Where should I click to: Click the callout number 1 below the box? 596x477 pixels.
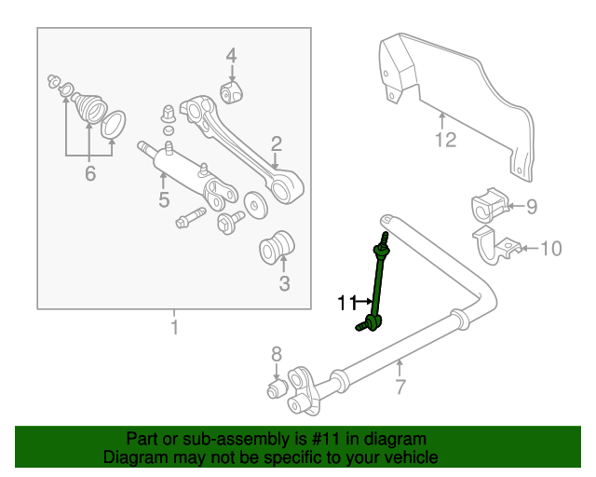click(173, 328)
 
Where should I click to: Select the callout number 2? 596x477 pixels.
click(276, 143)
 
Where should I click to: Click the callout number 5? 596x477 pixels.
click(163, 200)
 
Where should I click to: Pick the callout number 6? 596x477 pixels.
click(89, 173)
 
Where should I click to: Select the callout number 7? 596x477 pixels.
click(400, 387)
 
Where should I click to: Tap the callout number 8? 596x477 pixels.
click(276, 353)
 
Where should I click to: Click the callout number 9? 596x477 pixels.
click(532, 207)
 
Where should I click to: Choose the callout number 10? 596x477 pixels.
click(551, 248)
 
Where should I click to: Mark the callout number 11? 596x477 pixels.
click(346, 302)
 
